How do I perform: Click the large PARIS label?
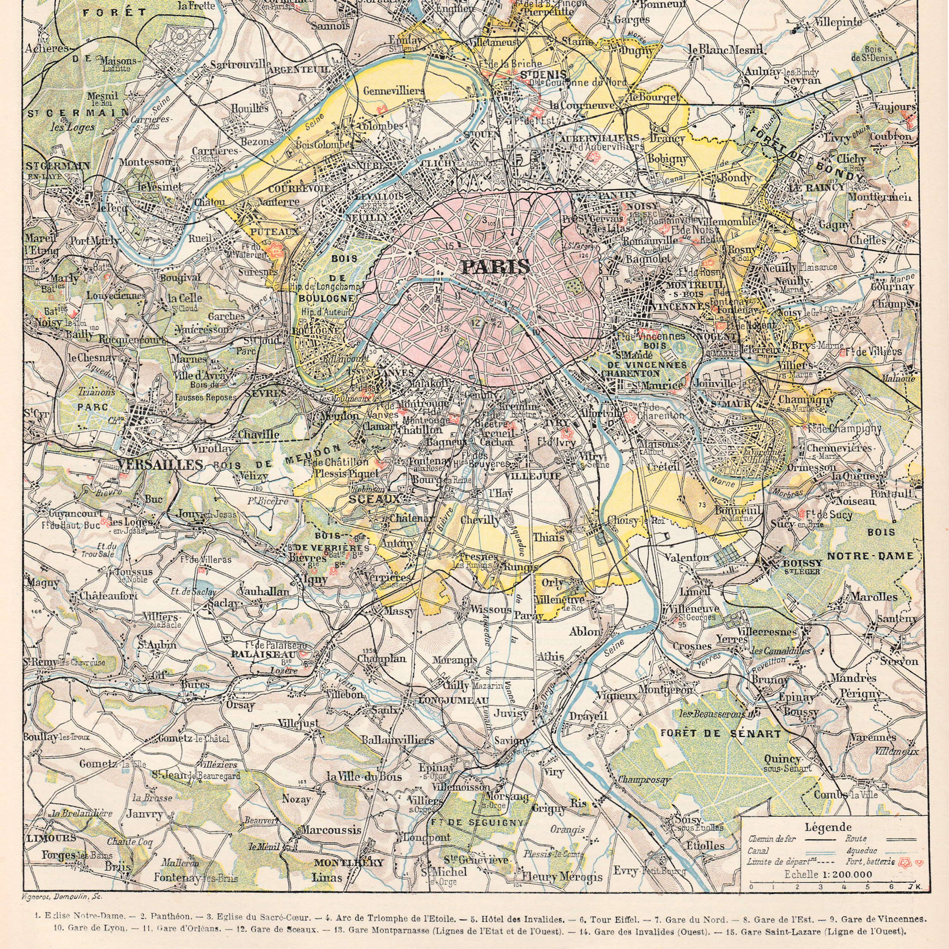(x=496, y=267)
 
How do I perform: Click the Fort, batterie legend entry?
(x=866, y=862)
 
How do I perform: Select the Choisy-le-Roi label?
(x=636, y=520)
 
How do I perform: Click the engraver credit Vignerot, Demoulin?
(x=61, y=896)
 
